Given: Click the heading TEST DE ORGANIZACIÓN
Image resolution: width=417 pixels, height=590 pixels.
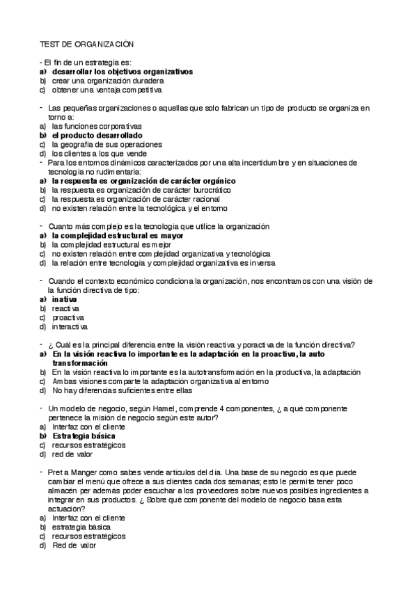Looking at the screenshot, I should point(86,44).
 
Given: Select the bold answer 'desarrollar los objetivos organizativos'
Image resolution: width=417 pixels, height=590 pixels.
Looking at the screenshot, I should point(122,72).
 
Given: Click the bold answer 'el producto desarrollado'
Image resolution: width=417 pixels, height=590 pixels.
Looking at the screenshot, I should point(97,135).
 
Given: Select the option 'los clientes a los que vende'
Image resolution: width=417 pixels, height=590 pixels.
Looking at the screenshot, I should point(99,153).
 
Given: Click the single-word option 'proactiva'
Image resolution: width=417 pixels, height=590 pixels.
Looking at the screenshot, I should point(68,317).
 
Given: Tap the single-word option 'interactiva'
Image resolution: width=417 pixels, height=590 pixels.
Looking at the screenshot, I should point(70,326).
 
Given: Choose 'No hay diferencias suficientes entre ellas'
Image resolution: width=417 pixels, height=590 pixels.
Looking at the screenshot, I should point(122,390).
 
